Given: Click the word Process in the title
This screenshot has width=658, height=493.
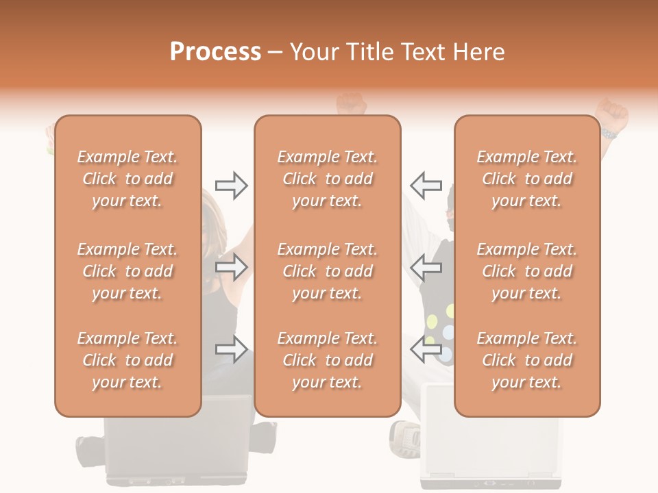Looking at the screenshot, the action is click(215, 52).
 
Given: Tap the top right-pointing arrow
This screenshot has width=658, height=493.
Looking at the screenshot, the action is click(231, 186).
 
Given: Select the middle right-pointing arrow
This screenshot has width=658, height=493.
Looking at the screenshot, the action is click(231, 267).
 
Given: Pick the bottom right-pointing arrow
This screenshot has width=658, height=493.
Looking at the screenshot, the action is click(231, 349).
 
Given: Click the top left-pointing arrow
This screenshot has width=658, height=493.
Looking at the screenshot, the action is click(426, 186).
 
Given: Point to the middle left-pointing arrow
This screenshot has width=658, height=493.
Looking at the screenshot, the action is click(426, 267).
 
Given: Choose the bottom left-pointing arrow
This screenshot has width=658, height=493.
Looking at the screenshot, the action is click(426, 349).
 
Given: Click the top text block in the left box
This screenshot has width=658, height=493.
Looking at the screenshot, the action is click(127, 179).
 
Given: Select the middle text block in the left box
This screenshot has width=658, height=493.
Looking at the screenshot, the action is click(127, 271).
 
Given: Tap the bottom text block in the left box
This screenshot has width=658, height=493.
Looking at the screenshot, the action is click(127, 360).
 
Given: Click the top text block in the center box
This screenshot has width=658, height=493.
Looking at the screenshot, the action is click(328, 179).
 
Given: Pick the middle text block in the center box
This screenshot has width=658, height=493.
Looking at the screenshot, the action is click(328, 271).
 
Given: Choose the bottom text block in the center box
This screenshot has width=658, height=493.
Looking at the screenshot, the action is click(328, 360).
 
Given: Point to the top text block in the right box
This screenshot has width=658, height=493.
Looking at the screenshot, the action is click(526, 179).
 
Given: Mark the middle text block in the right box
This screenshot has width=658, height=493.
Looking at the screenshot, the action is click(526, 271).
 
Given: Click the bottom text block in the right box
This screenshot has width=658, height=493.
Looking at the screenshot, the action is click(526, 360).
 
